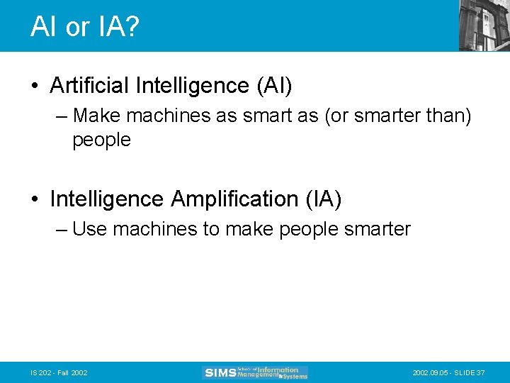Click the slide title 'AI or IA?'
pyautogui.click(x=85, y=27)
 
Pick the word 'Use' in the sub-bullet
pyautogui.click(x=89, y=229)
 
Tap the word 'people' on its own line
pyautogui.click(x=101, y=140)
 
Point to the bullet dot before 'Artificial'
pyautogui.click(x=35, y=87)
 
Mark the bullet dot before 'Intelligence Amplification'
pyautogui.click(x=35, y=200)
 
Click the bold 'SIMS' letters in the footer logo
pyautogui.click(x=220, y=373)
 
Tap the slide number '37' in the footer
pyautogui.click(x=481, y=373)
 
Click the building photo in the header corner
pyautogui.click(x=484, y=25)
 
